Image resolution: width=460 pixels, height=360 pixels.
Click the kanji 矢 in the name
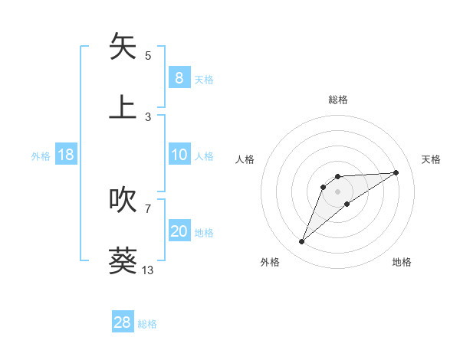(123, 47)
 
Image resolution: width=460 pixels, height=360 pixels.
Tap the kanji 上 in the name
(123, 106)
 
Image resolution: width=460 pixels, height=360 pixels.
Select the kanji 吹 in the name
(123, 200)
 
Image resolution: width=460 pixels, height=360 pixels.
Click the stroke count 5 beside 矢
(148, 56)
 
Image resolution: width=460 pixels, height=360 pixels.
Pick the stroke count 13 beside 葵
(148, 270)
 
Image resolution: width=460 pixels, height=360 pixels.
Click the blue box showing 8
(179, 77)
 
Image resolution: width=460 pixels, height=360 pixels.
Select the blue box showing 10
(179, 155)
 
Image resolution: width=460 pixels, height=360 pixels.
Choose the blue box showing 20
(179, 231)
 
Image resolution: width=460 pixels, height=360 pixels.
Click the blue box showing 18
(66, 155)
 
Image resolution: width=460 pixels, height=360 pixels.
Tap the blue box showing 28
(123, 322)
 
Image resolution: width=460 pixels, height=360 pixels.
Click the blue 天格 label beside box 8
(204, 80)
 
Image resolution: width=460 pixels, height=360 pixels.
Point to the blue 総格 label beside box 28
(148, 324)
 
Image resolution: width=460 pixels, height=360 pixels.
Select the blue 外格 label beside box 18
(41, 156)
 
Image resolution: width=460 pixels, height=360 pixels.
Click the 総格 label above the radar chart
(338, 100)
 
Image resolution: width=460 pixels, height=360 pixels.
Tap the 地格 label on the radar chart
(402, 263)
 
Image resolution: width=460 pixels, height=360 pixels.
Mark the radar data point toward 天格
(396, 172)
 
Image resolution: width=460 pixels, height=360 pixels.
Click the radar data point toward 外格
(301, 242)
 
